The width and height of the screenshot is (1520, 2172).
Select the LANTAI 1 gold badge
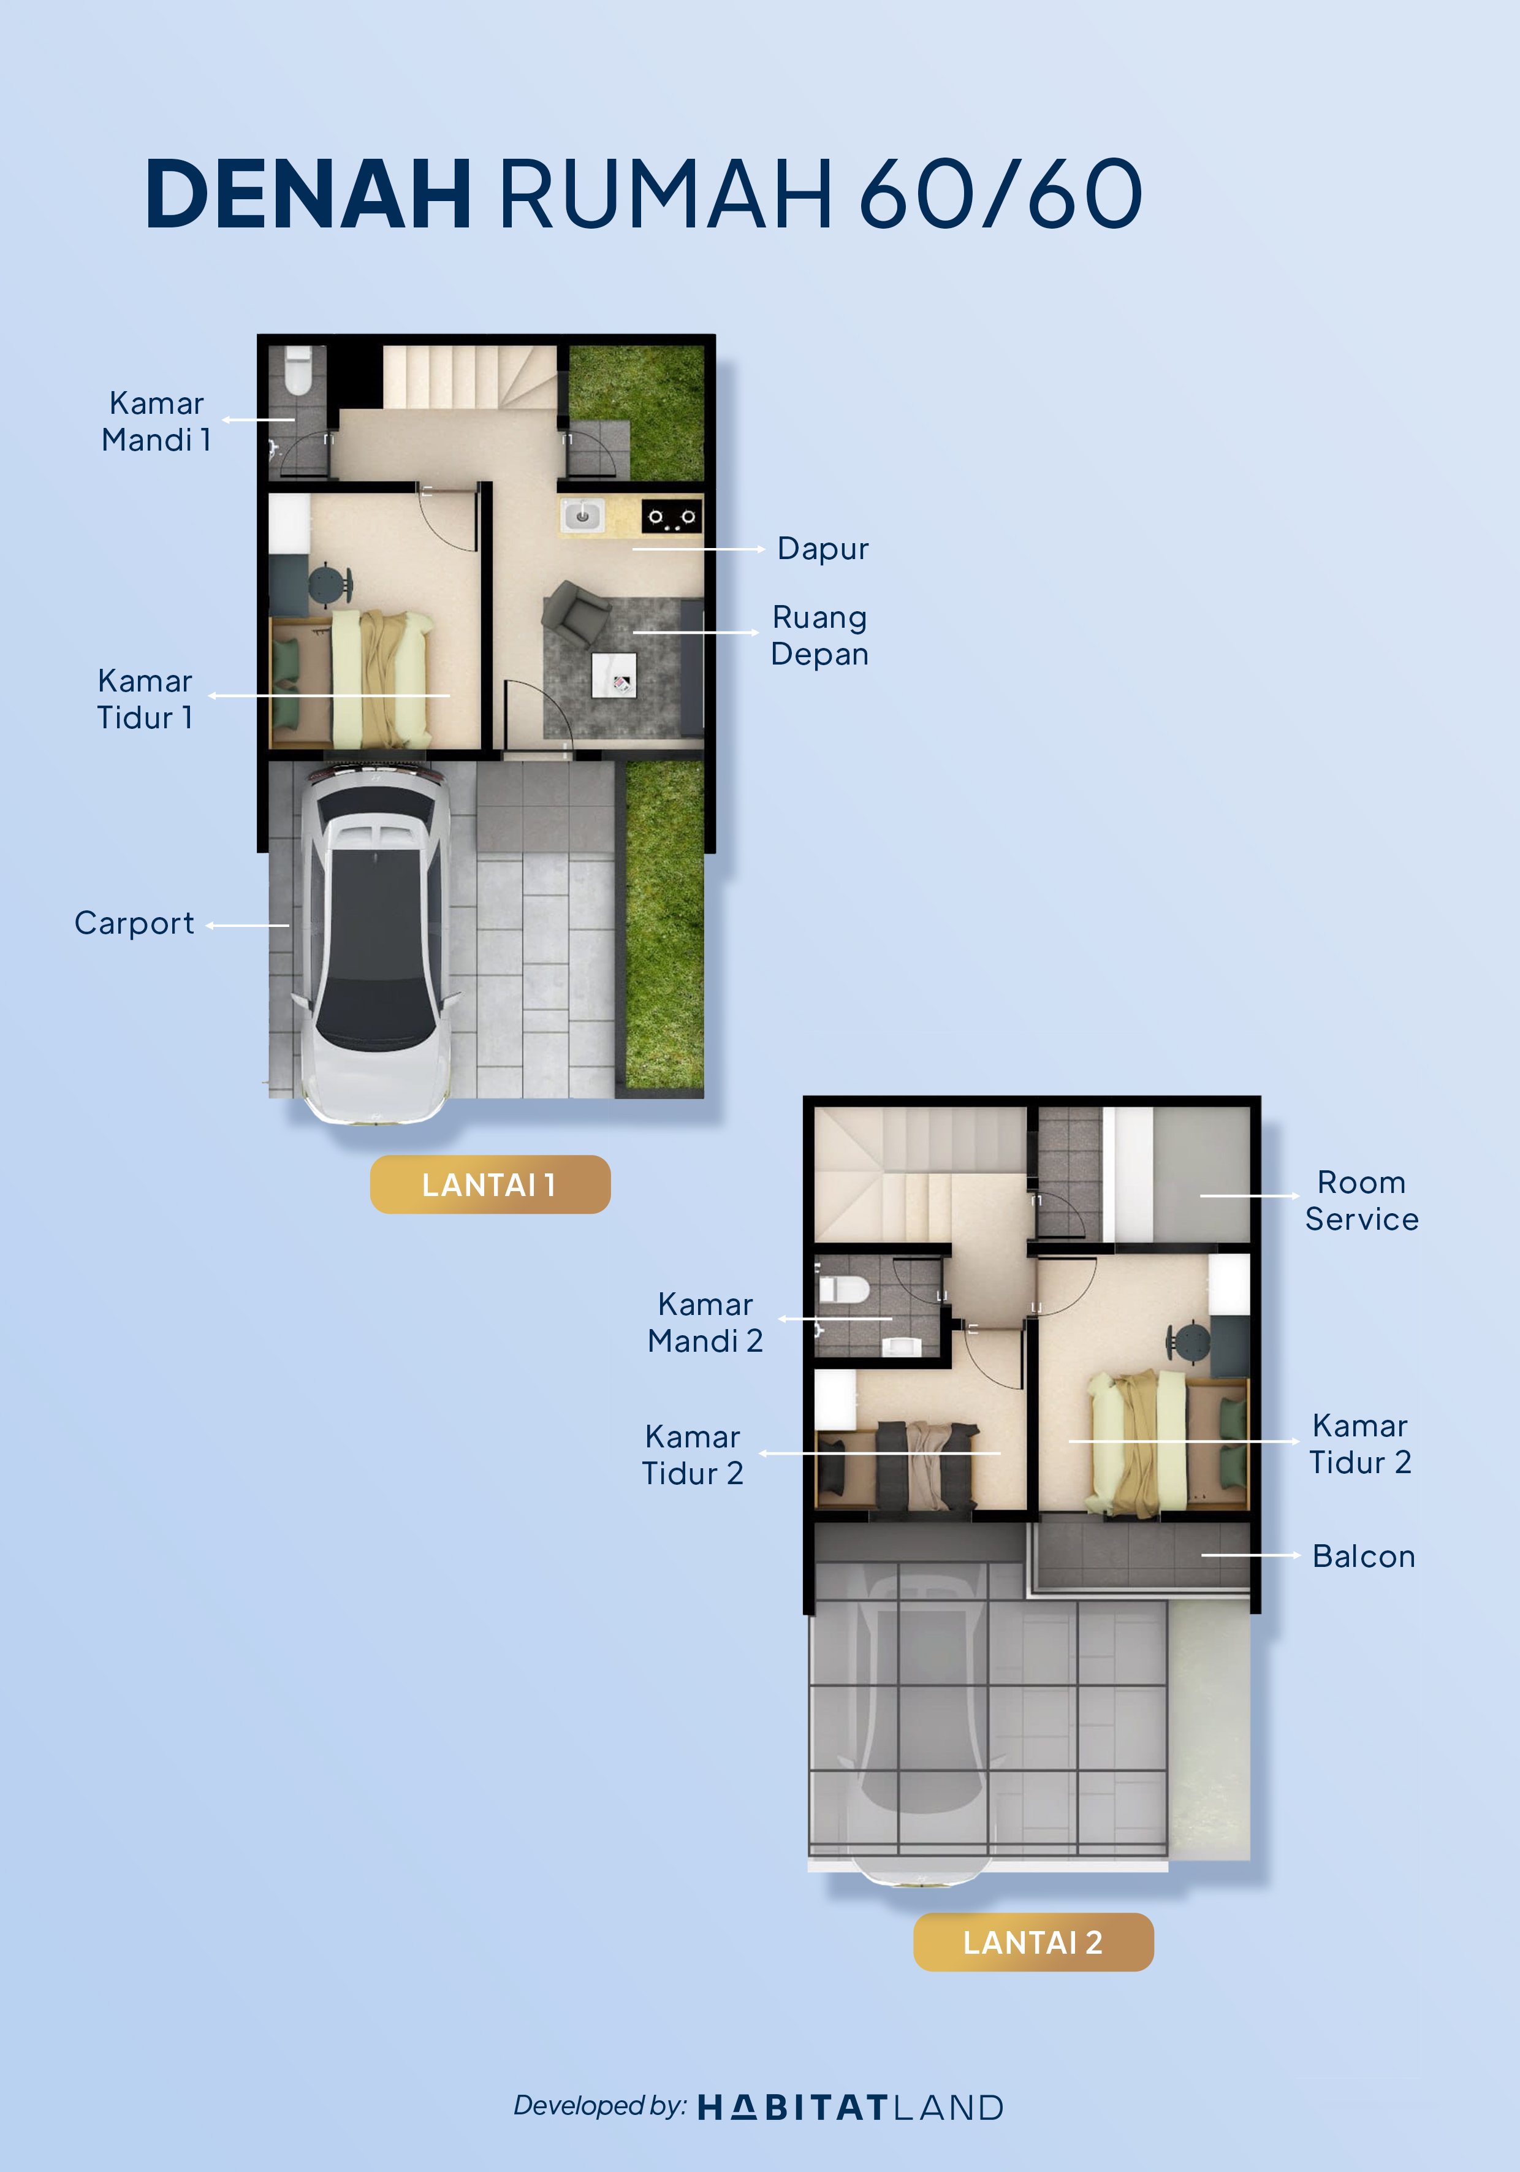490,1184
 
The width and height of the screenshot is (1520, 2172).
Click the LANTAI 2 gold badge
1033,1942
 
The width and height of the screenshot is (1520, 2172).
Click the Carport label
134,923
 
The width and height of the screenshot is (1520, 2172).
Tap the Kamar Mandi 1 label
156,421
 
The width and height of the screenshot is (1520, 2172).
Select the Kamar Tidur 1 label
145,698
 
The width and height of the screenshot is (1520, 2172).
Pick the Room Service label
1362,1200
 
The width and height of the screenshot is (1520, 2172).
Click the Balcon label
1364,1556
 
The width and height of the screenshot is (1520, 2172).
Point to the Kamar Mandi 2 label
705,1322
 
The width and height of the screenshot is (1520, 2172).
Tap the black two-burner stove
672,517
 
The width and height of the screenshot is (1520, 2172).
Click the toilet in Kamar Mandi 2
844,1289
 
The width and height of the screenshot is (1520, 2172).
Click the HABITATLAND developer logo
850,2108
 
